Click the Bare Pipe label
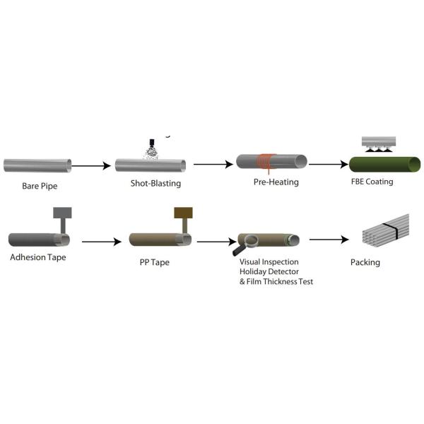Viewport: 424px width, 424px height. [x=39, y=187]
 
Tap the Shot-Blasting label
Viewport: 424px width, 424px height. [x=155, y=184]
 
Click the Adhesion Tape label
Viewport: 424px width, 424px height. [x=38, y=257]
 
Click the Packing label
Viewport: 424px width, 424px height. [x=365, y=263]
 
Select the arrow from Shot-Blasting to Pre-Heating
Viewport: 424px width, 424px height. [x=213, y=165]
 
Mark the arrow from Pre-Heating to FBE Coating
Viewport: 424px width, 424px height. [x=329, y=165]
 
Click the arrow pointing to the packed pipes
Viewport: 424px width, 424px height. [x=329, y=240]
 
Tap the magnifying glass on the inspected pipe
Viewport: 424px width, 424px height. [x=246, y=246]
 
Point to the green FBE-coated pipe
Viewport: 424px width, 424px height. [x=385, y=165]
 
